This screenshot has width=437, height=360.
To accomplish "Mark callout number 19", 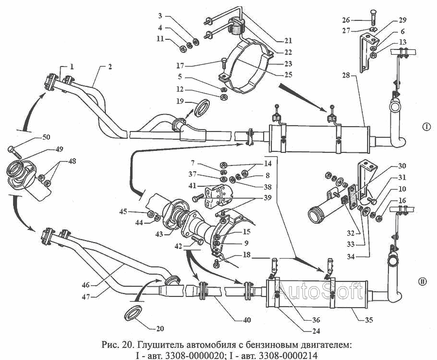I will tap(181, 101).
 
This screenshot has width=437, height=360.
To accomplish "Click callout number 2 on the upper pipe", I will tap(110, 66).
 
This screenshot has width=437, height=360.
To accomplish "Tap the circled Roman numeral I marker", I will tap(426, 127).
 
